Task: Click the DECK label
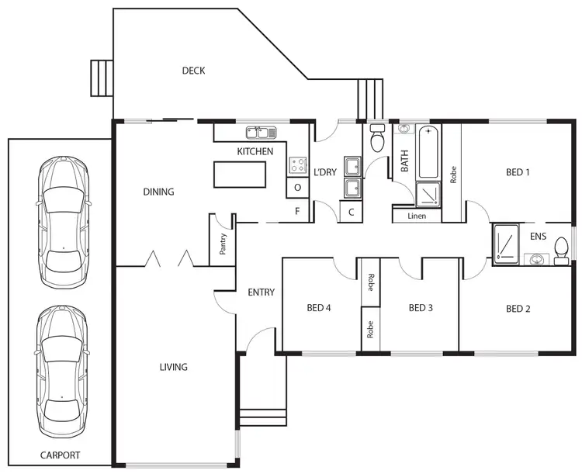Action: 193,71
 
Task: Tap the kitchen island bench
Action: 239,175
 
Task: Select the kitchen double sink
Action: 257,132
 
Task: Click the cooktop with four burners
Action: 298,164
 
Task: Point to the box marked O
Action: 298,188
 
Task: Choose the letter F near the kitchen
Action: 297,211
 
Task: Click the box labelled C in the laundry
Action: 351,212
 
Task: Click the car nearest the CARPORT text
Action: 62,371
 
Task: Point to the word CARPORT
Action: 61,455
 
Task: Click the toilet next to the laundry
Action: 378,139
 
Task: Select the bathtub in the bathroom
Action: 428,153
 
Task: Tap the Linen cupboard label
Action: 417,216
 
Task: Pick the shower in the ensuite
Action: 507,241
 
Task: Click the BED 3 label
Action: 420,308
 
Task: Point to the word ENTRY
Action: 261,292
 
